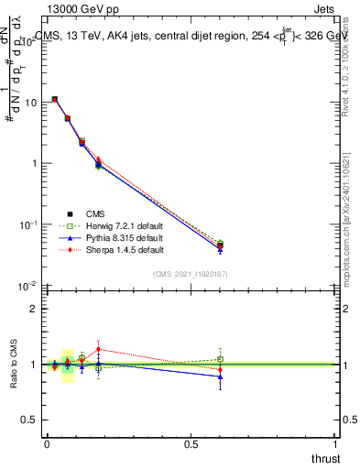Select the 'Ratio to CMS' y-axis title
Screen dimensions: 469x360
[13, 365]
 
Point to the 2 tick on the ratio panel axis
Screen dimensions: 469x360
[33, 309]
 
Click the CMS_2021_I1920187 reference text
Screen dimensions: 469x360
[191, 273]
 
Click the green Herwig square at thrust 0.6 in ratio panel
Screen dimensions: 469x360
[220, 359]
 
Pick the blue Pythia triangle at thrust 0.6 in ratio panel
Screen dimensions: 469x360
[220, 376]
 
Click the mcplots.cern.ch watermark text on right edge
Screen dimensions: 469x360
[352, 229]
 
